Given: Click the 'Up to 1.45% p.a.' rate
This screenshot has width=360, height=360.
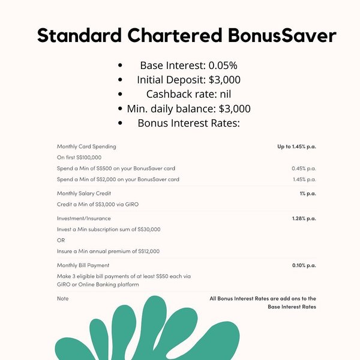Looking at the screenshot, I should coord(296,146).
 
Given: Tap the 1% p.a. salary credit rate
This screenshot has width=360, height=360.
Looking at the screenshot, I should coord(307,193).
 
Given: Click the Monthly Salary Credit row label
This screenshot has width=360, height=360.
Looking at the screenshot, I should coord(84,193).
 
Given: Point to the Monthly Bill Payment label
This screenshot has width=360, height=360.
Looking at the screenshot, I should coord(83,265).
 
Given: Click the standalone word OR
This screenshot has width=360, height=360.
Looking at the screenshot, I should coord(61,240).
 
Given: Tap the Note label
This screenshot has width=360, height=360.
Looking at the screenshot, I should coord(62,298).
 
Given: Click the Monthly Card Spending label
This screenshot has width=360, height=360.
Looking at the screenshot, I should coord(86,146).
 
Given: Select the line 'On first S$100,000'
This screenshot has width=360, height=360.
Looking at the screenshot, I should coord(80,157).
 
